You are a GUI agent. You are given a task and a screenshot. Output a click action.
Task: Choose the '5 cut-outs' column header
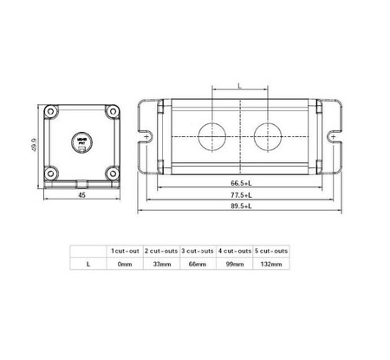(270, 250)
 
